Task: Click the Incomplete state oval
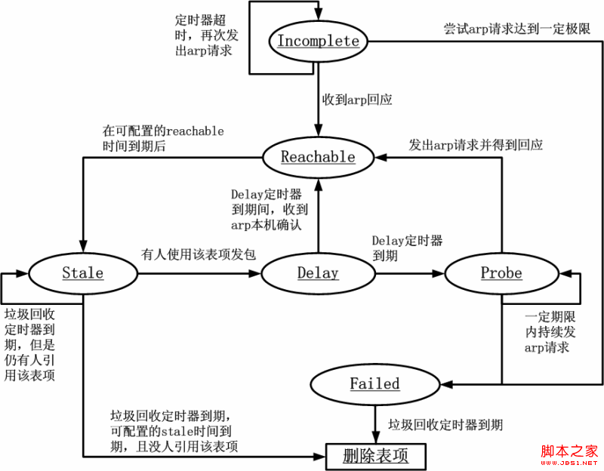coord(318,42)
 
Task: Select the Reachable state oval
coord(318,157)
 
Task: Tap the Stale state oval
coord(82,272)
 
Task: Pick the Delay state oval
coord(318,272)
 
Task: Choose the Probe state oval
coord(501,272)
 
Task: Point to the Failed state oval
coord(374,383)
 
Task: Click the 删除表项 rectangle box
coord(375,455)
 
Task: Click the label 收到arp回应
coord(357,99)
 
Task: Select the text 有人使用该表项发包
coord(198,254)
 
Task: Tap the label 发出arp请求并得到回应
coord(476,144)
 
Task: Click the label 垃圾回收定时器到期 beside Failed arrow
coord(445,425)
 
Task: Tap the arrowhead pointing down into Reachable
coord(318,134)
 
